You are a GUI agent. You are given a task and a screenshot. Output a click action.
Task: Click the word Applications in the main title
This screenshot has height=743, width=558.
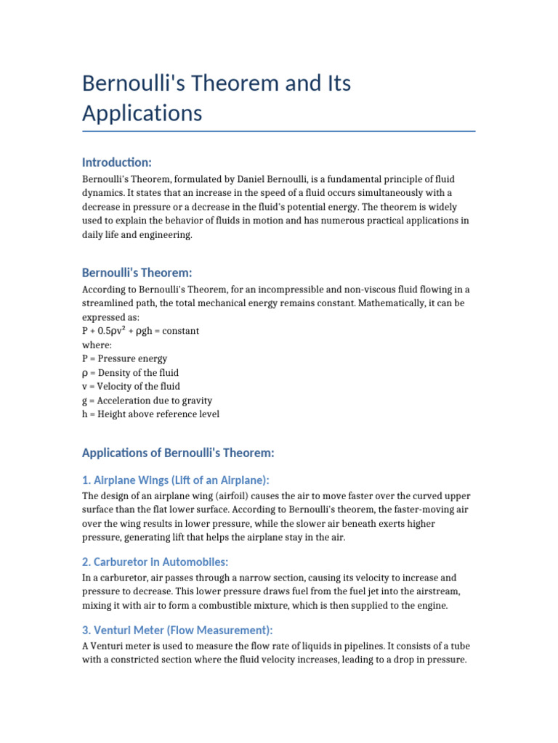coord(142,114)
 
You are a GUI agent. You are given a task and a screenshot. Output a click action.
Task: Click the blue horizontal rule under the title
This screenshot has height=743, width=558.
coord(279,131)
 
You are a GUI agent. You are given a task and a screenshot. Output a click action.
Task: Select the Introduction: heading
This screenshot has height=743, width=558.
coord(117,162)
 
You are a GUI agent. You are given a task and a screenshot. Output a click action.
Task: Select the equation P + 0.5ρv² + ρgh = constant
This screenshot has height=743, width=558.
coord(140,331)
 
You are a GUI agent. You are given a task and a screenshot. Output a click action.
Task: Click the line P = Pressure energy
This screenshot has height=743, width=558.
coord(124,358)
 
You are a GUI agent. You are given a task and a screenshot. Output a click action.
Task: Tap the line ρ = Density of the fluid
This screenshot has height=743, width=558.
coord(130,372)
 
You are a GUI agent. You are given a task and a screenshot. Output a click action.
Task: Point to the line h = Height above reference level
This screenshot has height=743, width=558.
coord(150,414)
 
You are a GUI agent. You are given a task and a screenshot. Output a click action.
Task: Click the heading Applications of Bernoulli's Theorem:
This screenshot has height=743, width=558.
coord(178,453)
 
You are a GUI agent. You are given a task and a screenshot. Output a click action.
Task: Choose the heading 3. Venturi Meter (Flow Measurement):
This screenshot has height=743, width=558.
coord(177,630)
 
